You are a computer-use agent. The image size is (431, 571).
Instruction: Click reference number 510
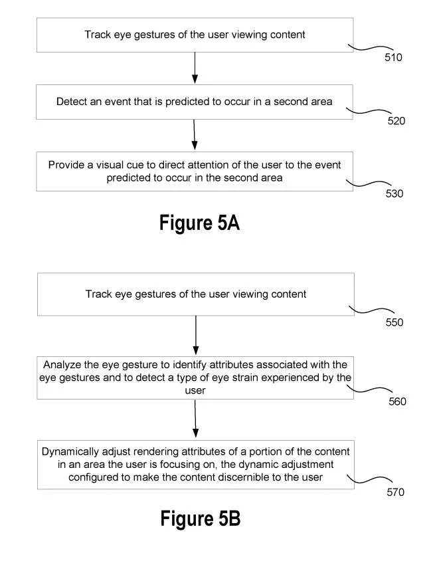pos(393,57)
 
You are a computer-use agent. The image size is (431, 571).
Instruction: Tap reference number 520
pos(396,121)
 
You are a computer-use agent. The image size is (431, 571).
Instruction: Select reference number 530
pos(394,193)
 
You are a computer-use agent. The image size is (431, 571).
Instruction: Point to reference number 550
pos(394,322)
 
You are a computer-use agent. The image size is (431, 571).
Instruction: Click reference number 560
pos(397,401)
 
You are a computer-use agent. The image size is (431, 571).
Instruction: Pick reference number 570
pos(395,492)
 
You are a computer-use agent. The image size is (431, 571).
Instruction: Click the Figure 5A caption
pos(199,223)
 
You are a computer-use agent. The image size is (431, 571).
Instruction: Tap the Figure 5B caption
pos(201,518)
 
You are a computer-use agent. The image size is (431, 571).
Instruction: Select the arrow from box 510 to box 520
pos(195,68)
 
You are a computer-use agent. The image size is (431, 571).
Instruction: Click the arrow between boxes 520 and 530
pos(194,134)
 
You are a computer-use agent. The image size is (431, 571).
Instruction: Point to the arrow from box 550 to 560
pos(196,335)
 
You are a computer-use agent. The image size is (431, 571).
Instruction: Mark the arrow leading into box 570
pos(195,418)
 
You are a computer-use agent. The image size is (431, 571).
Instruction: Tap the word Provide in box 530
pos(66,165)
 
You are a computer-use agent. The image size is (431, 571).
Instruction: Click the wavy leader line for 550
pos(371,310)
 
